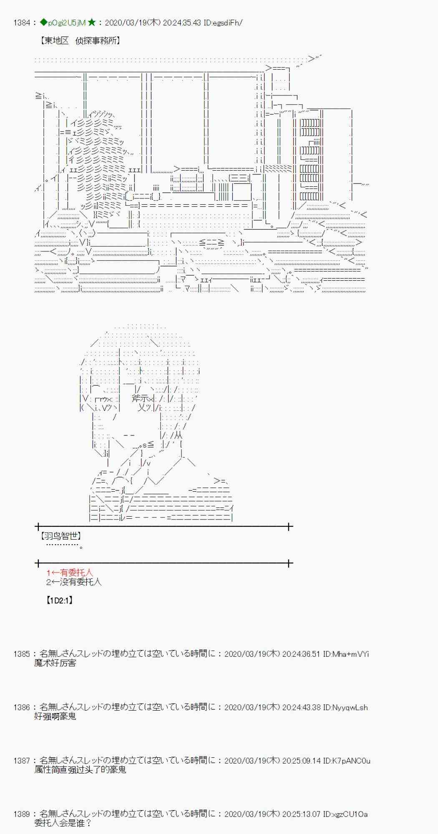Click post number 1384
(22, 23)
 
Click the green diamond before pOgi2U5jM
(43, 23)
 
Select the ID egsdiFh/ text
(223, 23)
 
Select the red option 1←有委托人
(70, 573)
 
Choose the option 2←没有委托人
(73, 582)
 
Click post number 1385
(22, 654)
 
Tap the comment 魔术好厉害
(55, 663)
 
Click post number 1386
(22, 707)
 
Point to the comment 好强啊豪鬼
(55, 716)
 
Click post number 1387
(22, 761)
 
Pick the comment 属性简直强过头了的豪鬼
(80, 770)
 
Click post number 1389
(22, 814)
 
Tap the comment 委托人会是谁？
(63, 823)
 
